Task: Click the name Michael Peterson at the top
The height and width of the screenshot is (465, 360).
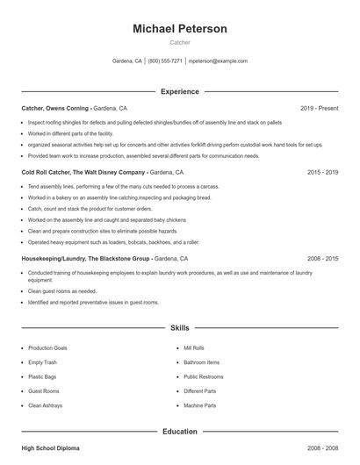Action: click(179, 29)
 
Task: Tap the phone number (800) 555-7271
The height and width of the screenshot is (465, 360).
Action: click(165, 61)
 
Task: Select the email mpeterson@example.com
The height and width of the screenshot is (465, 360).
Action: click(218, 61)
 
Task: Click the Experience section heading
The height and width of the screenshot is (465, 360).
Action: click(179, 91)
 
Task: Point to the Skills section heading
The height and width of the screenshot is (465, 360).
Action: click(179, 327)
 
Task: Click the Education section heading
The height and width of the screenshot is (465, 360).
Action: click(179, 431)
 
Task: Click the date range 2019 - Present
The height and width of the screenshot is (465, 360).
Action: click(319, 108)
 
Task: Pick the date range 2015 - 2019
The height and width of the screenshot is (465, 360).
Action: click(322, 173)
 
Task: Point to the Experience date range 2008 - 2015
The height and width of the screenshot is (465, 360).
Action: click(322, 259)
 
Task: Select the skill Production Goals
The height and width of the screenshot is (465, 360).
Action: click(47, 347)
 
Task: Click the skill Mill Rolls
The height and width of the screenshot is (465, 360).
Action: click(193, 347)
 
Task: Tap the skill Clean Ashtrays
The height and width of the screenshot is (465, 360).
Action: click(46, 405)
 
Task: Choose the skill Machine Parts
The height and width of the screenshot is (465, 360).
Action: click(198, 405)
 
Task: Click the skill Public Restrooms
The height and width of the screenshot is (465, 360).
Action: click(204, 376)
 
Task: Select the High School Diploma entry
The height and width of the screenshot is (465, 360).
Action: click(50, 448)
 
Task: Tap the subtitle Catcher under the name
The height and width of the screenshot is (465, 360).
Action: click(179, 42)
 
